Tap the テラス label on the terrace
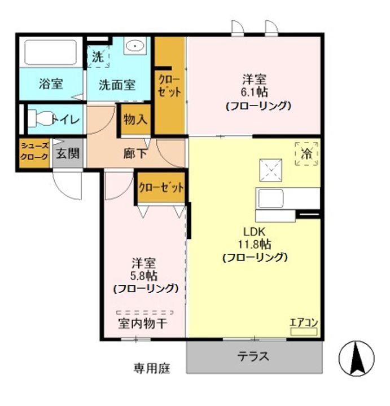point(253,356)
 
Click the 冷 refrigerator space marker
point(306,153)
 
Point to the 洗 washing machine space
point(98,57)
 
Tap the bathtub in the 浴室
point(51,52)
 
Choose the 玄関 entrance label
point(67,153)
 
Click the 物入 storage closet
point(135,119)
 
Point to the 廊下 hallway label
point(135,153)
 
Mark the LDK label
point(255,231)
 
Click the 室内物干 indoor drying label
point(143,324)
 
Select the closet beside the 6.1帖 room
point(170,85)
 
